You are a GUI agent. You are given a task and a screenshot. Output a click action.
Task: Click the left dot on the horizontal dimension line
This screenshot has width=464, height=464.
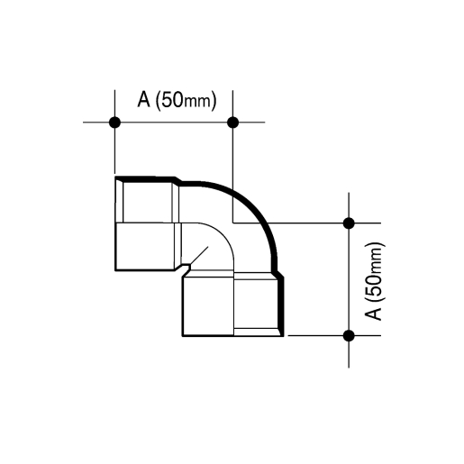click(114, 123)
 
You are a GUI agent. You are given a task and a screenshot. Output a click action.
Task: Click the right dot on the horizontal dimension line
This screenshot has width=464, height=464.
click(233, 123)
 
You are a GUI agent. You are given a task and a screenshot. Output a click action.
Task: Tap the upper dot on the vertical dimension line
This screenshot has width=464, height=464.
click(349, 223)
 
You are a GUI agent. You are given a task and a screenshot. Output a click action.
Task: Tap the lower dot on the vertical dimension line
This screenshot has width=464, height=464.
click(349, 335)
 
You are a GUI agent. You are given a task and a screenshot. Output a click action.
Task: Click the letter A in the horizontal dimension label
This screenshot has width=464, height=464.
click(143, 99)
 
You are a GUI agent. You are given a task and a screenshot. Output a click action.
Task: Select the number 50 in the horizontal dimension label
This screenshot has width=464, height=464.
click(172, 99)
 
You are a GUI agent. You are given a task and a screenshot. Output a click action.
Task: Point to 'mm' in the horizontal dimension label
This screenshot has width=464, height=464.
click(196, 102)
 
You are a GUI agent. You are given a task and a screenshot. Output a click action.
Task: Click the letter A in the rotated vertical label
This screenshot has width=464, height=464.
click(373, 314)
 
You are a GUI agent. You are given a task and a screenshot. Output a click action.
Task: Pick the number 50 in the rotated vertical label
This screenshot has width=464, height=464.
click(373, 286)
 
